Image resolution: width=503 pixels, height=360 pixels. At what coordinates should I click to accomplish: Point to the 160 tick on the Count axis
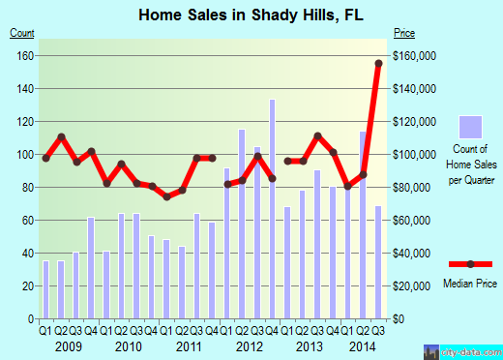coord(20,55)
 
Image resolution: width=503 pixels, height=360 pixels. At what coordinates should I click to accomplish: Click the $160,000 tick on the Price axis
coord(414,55)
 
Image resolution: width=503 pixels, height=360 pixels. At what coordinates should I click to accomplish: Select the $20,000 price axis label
coord(412,285)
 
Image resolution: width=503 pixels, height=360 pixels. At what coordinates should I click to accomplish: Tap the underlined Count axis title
coord(22,34)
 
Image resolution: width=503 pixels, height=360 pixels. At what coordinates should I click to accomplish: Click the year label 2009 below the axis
coord(68,345)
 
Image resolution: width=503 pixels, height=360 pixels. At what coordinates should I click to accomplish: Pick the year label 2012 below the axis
coord(249,345)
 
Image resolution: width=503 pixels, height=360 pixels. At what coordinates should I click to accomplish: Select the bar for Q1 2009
coord(45,289)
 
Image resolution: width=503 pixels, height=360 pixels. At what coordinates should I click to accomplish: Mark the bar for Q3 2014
coord(378,261)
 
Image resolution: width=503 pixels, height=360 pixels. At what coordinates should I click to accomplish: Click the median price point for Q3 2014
coord(378,64)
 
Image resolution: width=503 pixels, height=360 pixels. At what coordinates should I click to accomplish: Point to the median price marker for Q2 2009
coord(61,136)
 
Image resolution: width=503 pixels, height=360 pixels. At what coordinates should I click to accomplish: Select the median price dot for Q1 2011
coord(166,196)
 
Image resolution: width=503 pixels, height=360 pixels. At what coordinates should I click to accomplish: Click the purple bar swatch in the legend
coord(470,127)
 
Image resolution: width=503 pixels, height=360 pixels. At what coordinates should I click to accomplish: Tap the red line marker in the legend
coord(470,264)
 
